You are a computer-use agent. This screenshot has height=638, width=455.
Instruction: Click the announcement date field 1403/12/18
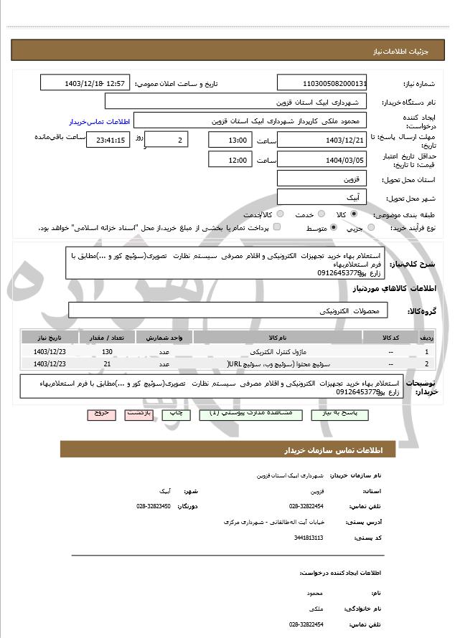84,83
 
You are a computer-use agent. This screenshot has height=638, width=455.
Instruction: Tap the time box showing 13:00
230,140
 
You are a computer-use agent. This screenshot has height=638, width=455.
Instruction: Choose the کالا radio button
354,214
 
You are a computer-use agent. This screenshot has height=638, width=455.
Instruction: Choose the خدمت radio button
320,214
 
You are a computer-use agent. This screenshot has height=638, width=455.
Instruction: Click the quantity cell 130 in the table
108,352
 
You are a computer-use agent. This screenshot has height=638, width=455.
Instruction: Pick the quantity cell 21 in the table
108,364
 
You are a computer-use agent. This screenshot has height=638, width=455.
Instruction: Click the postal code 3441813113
309,537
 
